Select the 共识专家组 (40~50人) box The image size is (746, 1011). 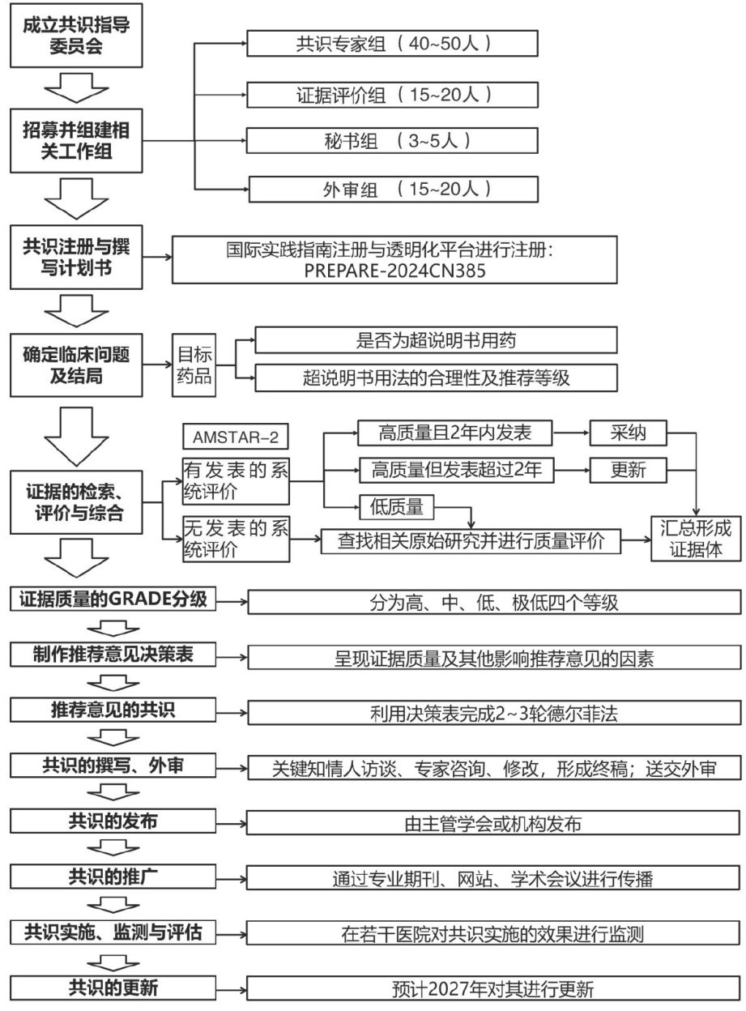pyautogui.click(x=393, y=43)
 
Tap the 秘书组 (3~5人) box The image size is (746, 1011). pyautogui.click(x=393, y=140)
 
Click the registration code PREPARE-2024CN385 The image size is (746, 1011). pyautogui.click(x=396, y=271)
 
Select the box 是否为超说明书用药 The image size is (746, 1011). pyautogui.click(x=436, y=340)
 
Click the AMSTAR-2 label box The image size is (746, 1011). pyautogui.click(x=236, y=437)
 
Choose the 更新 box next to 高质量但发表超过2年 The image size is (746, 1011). pyautogui.click(x=629, y=469)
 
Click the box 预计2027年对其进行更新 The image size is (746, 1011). pyautogui.click(x=494, y=989)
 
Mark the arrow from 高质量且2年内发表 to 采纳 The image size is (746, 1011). pyautogui.click(x=566, y=433)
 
